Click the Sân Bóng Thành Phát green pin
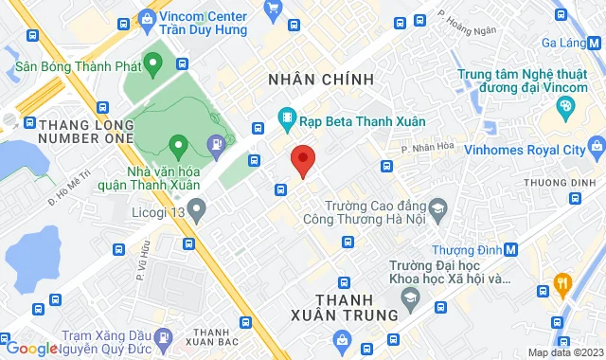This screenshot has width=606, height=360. tap(155, 64)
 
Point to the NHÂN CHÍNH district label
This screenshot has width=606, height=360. tap(321, 78)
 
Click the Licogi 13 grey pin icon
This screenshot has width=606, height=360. tap(197, 210)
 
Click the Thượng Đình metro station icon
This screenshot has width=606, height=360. tap(511, 249)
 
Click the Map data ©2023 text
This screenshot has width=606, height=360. tap(564, 352)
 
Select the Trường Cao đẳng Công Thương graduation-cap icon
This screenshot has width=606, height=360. tap(437, 206)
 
